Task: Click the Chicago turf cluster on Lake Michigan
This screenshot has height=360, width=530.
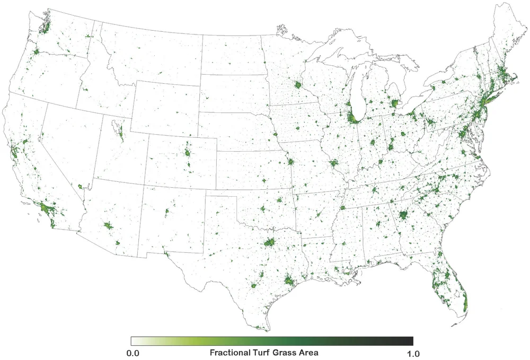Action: (351, 117)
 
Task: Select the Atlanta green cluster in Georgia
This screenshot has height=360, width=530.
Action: (403, 215)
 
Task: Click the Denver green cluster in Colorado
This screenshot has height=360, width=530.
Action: (188, 153)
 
